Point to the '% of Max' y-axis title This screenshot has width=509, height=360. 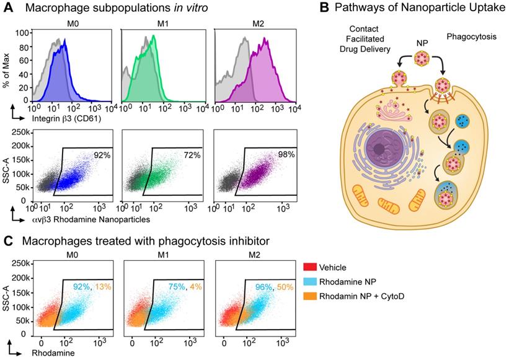pyautogui.click(x=11, y=63)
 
